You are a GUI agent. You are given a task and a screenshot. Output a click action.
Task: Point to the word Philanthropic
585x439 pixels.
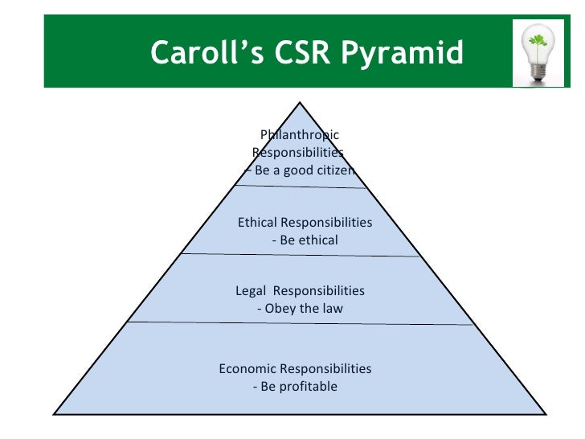(x=300, y=135)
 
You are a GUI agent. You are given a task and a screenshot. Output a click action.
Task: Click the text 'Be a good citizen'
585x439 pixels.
(x=305, y=170)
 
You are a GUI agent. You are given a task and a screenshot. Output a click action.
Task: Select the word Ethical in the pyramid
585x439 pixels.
(x=257, y=222)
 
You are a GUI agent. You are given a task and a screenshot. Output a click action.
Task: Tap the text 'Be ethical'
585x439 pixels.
(x=309, y=240)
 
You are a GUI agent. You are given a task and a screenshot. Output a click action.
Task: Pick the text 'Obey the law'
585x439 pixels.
(x=304, y=308)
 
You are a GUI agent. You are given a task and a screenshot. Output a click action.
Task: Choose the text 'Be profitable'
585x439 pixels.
(x=298, y=387)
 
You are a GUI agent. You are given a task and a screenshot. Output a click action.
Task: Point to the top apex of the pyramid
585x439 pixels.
(x=300, y=102)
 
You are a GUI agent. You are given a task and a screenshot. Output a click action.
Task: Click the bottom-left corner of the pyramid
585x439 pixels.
(x=55, y=413)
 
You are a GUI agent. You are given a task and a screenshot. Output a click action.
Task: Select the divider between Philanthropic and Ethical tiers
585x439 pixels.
(x=300, y=187)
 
